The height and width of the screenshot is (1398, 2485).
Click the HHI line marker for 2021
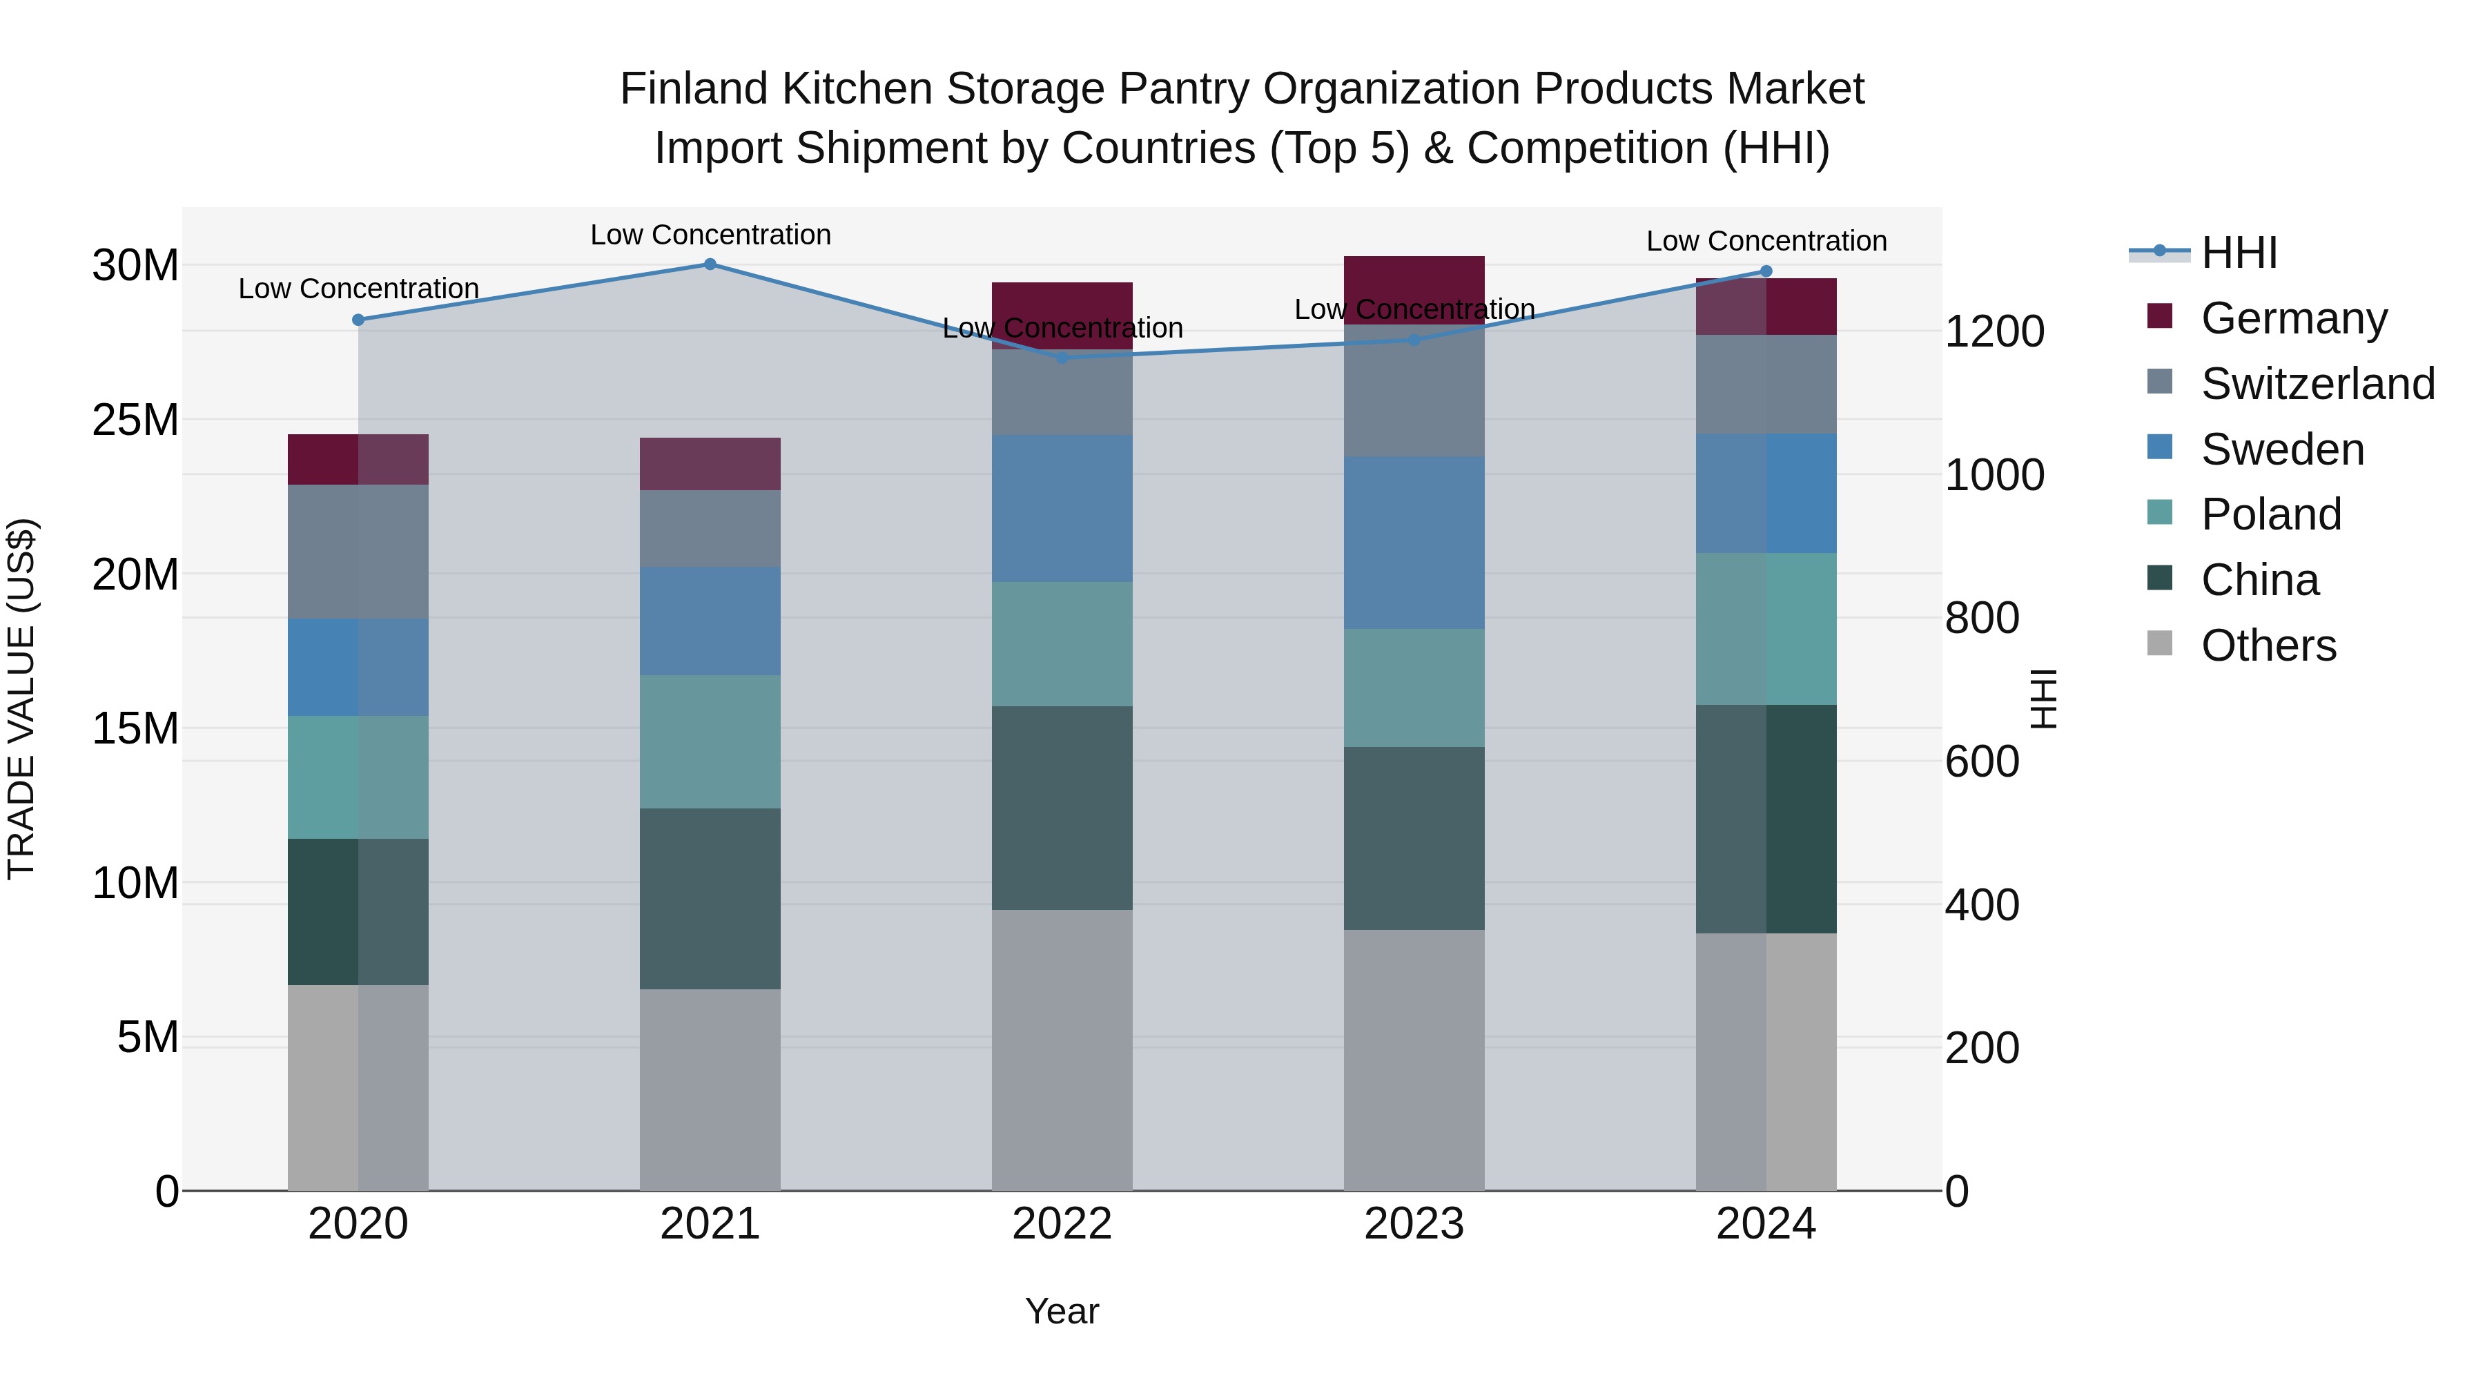710,264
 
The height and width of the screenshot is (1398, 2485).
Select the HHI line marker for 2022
1062,358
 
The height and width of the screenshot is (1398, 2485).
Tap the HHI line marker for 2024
1766,271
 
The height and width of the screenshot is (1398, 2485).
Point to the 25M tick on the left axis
135,420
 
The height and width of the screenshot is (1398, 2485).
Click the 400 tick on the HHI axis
1981,905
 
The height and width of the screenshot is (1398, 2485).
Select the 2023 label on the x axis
1414,1224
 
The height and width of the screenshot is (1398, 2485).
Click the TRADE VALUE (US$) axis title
21,699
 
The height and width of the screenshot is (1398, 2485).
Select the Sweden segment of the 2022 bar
1062,508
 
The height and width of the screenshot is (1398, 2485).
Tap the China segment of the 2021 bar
710,898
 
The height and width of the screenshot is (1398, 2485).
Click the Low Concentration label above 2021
710,235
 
